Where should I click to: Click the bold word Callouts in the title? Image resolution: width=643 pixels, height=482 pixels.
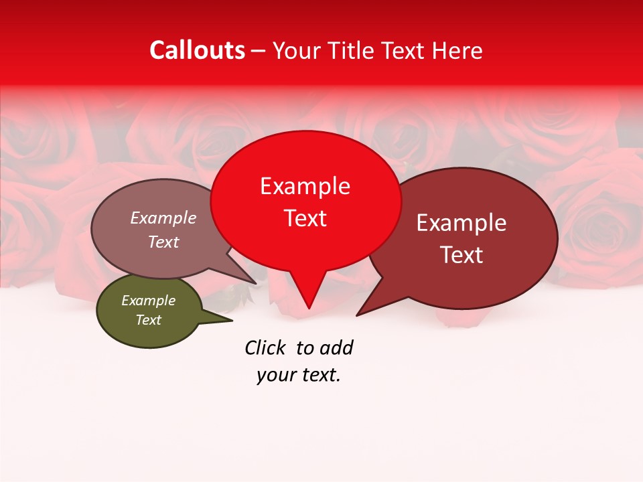197,50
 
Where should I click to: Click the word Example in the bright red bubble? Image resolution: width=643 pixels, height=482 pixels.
305,186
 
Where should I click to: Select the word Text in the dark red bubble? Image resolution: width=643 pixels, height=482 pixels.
461,255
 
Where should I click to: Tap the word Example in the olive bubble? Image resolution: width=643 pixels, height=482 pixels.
148,301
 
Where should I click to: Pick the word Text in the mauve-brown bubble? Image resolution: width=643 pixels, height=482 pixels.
163,242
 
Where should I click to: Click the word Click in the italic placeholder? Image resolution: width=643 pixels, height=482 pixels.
266,347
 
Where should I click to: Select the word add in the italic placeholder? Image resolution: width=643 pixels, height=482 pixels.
336,347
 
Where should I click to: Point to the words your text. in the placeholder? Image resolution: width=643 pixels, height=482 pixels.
299,376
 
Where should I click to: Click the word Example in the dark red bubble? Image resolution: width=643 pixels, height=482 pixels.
461,223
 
